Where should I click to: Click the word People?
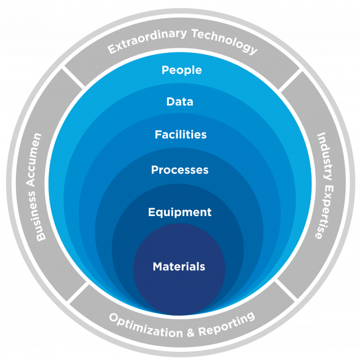[x=182, y=70]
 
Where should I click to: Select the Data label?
[x=179, y=102]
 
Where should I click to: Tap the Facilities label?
[x=181, y=135]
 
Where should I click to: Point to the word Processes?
[x=179, y=170]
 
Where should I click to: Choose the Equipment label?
[x=179, y=212]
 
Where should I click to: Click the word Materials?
[x=179, y=267]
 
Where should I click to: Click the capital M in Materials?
[x=158, y=267]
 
